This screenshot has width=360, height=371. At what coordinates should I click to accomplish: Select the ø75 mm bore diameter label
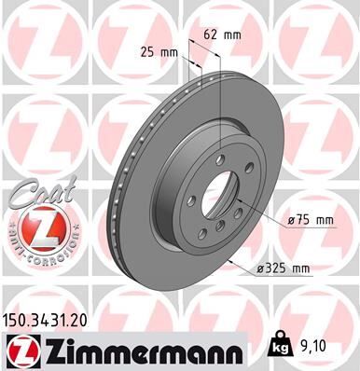point(311,220)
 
